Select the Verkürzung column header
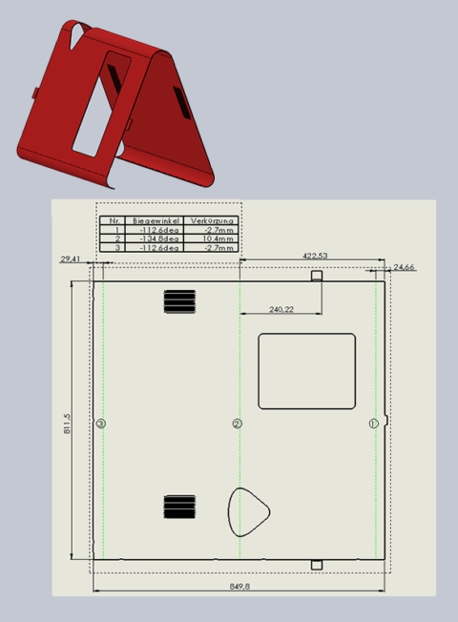(x=211, y=220)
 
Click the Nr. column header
(x=115, y=220)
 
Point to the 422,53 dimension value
(x=315, y=256)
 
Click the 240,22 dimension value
(x=281, y=309)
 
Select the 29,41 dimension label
(x=71, y=259)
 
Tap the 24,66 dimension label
(x=405, y=267)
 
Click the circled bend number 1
(x=373, y=423)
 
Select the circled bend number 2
(x=238, y=423)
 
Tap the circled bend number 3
(x=101, y=423)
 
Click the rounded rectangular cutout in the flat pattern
(x=307, y=371)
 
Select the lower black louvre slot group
(x=178, y=508)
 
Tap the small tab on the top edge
(x=318, y=276)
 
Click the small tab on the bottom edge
(x=318, y=565)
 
